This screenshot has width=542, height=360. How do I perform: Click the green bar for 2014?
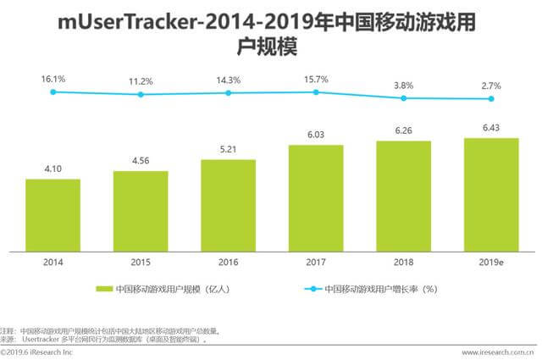point(53,215)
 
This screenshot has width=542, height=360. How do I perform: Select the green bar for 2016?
point(228,205)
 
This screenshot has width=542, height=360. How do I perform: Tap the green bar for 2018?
point(404,197)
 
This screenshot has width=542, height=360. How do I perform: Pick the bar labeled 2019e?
point(491,195)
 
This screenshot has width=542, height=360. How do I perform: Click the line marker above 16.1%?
point(53,91)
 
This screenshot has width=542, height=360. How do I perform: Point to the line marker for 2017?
point(316,91)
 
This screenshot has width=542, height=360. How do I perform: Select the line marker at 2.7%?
point(491,98)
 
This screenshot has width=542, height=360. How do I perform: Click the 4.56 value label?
point(141,162)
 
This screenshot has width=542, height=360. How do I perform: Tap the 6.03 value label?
point(316,136)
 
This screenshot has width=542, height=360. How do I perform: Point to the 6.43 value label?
point(491,128)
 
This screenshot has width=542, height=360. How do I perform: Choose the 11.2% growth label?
point(141,82)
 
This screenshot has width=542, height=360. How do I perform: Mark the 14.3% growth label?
point(228,80)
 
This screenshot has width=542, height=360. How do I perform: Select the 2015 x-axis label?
point(141,262)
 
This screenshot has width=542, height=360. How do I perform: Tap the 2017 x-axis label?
point(316,262)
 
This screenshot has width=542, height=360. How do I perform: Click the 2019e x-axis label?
point(491,262)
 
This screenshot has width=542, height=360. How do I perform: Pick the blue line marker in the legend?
point(308,288)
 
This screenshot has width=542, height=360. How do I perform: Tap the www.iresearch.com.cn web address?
point(497,352)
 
